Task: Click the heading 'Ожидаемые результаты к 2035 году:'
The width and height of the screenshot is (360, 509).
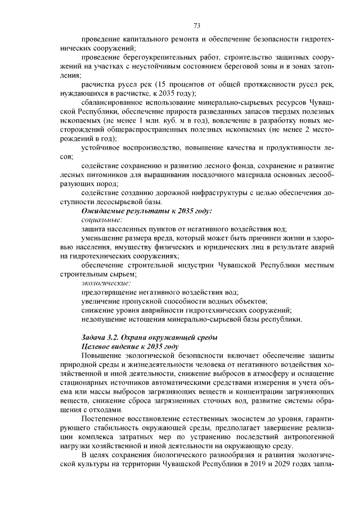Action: coord(147,211)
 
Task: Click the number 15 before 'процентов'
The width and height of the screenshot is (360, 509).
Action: coord(160,84)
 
